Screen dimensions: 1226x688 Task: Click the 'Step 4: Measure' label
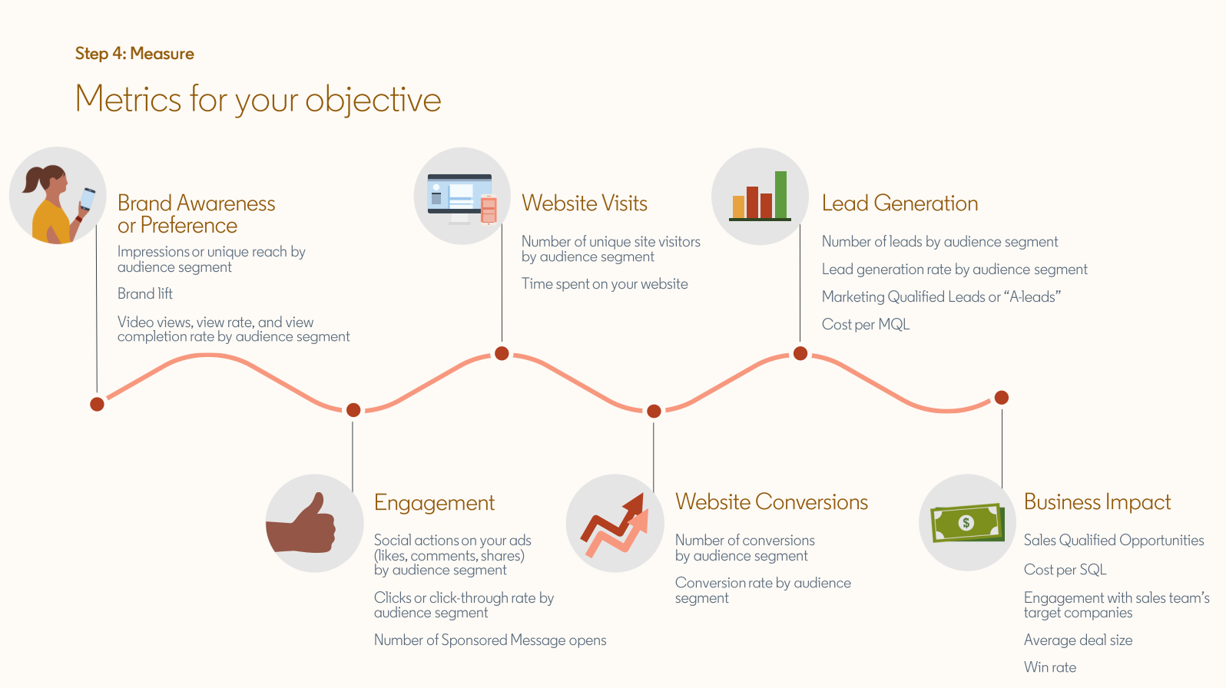[x=134, y=54]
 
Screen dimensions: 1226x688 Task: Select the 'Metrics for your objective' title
[x=258, y=100]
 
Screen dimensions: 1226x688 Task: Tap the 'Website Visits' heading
[x=584, y=203]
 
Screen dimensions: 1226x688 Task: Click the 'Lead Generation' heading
[x=900, y=203]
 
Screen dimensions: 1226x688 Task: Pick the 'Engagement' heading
[x=434, y=503]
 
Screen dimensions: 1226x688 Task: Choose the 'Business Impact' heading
[x=1097, y=502]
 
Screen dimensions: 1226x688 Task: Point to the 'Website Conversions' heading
[x=771, y=502]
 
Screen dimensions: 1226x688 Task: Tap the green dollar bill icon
[x=968, y=523]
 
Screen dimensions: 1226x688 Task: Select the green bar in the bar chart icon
[x=780, y=195]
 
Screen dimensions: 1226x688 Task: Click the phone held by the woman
[x=88, y=199]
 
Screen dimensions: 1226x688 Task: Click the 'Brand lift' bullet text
[x=145, y=293]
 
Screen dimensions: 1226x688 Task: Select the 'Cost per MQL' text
[x=866, y=324]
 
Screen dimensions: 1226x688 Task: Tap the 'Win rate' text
[x=1050, y=667]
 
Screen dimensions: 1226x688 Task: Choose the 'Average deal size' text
[x=1079, y=640]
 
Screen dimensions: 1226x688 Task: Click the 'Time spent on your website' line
[x=605, y=284]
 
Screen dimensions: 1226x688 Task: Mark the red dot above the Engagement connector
[x=353, y=409]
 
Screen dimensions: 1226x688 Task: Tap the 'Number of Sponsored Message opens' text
[x=490, y=640]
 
